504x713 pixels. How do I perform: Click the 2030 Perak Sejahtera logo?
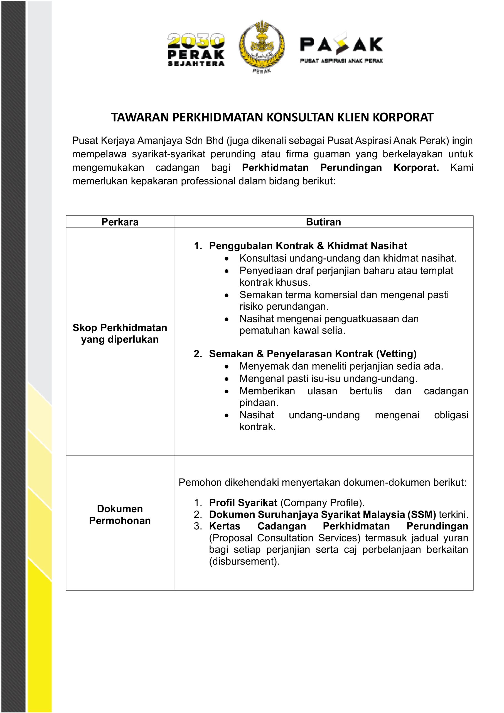196,50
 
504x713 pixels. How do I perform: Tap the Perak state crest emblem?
261,47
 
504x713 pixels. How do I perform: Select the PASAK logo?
341,48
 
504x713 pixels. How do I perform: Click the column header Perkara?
120,222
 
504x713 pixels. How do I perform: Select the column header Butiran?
323,222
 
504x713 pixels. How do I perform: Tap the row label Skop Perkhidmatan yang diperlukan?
120,333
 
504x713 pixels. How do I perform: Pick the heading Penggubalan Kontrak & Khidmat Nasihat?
308,246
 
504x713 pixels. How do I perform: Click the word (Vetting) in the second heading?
396,354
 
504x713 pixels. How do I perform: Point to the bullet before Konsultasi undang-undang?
227,259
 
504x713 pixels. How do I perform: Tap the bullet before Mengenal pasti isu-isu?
227,379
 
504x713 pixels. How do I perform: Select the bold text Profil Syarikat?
243,503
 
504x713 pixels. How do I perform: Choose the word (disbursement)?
244,561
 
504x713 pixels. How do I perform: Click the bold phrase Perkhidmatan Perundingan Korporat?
340,168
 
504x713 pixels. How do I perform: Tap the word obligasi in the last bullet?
451,415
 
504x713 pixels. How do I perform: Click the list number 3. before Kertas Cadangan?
198,526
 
